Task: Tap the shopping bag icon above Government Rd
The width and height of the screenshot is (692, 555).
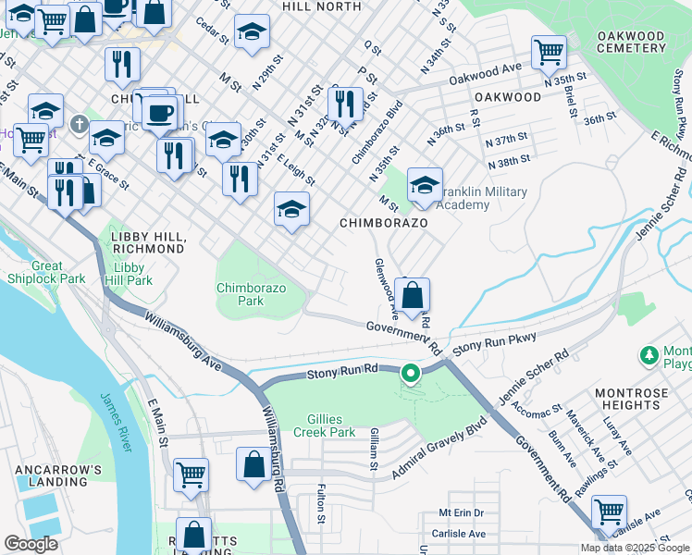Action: (414, 297)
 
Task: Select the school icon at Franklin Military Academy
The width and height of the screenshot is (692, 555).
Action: (425, 186)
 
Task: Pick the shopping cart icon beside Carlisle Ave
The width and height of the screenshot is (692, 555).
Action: (609, 511)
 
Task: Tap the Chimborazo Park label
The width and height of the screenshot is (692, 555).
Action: (240, 294)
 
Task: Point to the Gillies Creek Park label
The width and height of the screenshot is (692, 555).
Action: (325, 425)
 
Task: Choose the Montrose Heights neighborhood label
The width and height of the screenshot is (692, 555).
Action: (631, 400)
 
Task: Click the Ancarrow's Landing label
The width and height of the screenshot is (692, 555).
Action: (57, 475)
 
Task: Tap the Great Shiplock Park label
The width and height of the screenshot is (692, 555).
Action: (46, 272)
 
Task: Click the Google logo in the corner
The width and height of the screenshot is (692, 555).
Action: (31, 544)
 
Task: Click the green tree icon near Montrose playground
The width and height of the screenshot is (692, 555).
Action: (649, 355)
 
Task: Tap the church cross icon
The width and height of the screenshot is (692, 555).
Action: (80, 122)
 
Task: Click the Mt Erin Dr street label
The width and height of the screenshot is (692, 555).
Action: (462, 512)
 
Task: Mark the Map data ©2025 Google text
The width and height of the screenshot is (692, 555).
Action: (634, 548)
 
